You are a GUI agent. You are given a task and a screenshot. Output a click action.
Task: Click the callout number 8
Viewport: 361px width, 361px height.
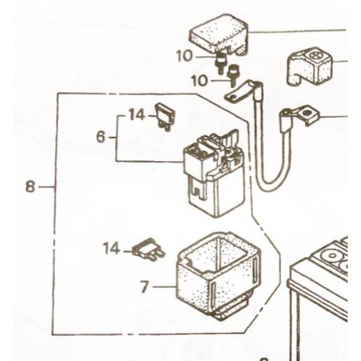coord(30,186)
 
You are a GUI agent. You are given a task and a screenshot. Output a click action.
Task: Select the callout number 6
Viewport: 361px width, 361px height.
coord(101,137)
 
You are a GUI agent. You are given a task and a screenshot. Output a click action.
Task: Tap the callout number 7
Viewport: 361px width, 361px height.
coord(145,287)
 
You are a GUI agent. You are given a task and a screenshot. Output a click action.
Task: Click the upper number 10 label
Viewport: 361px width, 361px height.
coord(184,56)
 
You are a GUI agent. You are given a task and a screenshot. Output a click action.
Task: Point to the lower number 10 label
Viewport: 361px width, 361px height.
coord(199,81)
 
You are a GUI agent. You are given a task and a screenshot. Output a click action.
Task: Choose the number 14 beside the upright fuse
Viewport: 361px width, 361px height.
coord(137,115)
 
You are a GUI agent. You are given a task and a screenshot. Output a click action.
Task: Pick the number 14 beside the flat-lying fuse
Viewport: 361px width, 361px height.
coord(112,248)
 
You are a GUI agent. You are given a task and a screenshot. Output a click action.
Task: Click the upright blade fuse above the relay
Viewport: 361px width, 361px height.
coord(165,117)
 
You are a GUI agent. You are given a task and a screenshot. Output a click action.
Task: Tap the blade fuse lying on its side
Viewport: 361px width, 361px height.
coord(149,250)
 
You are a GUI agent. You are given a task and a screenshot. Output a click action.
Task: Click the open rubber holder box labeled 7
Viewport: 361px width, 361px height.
coord(218,276)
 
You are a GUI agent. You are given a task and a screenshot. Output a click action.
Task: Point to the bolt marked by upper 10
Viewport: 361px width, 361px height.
coord(221,62)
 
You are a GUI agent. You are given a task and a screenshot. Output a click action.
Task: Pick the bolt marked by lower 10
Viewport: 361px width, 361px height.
coord(233,74)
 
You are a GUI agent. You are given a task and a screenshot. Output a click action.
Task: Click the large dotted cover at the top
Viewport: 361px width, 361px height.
coord(219,34)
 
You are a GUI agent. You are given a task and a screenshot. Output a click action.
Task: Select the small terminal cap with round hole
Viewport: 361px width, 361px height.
coord(309,67)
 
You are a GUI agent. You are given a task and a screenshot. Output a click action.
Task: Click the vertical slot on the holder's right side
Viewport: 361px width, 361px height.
coord(256,271)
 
